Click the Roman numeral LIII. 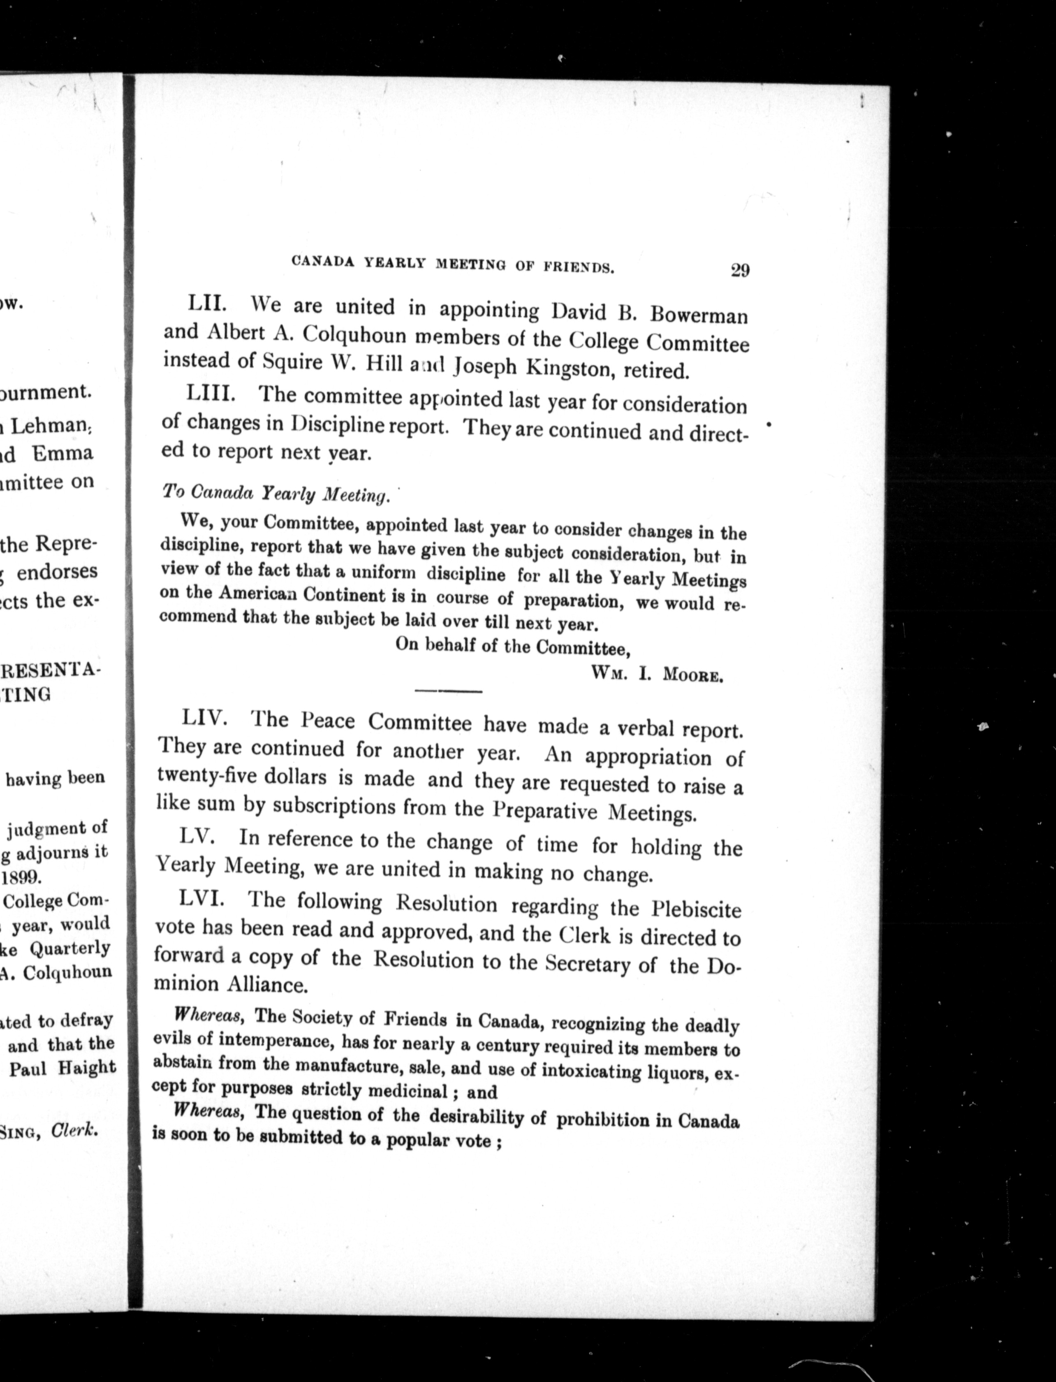pyautogui.click(x=211, y=394)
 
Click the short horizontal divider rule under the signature pyautogui.click(x=448, y=691)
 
